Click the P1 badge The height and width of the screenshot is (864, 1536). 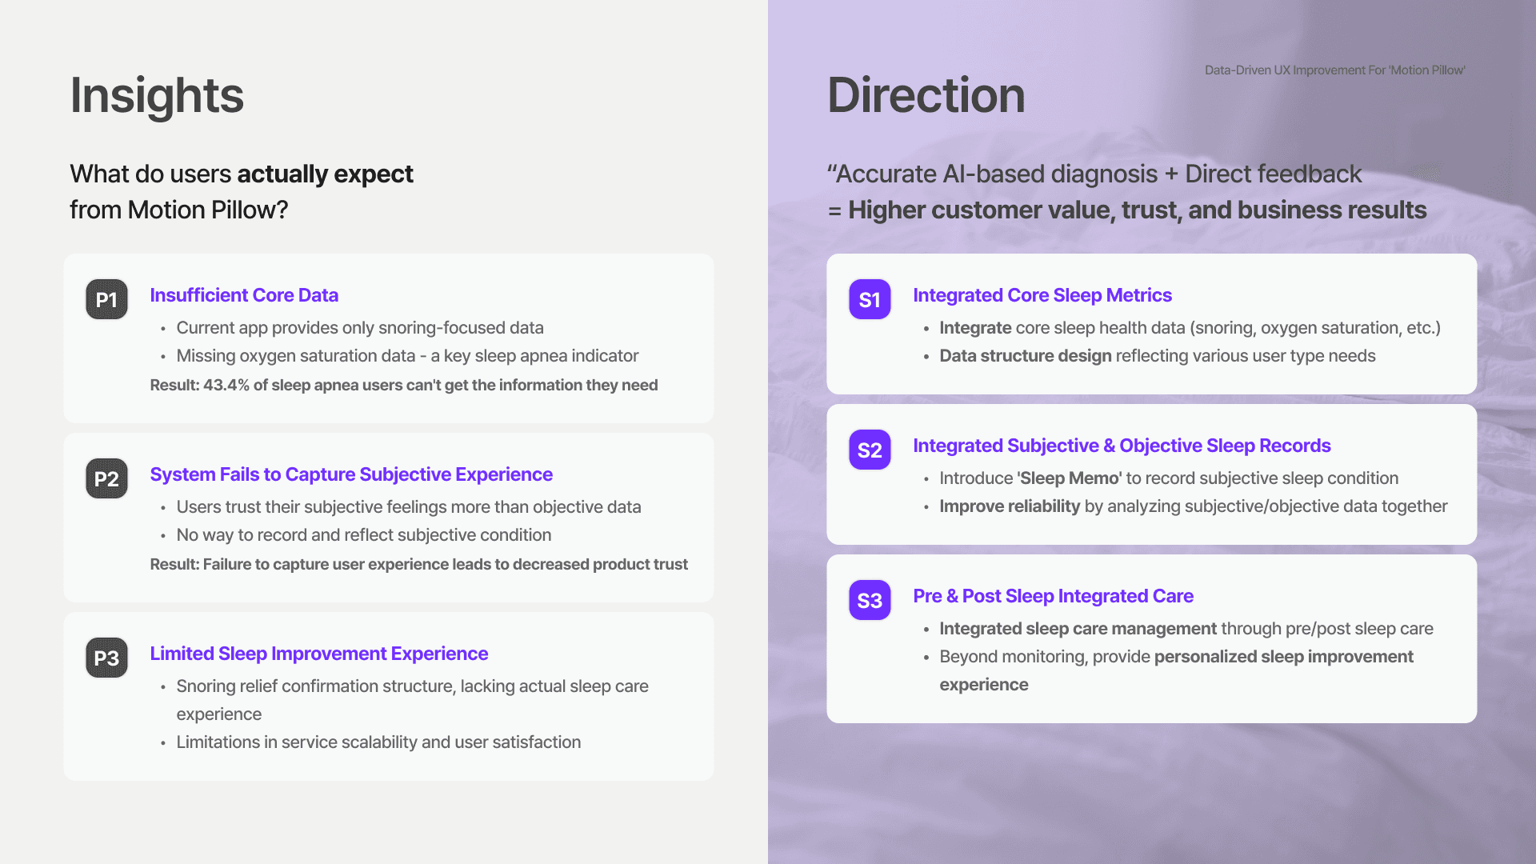(106, 299)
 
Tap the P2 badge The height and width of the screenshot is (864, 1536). (106, 478)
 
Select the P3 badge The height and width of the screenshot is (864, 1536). (106, 658)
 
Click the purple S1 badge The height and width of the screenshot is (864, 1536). (870, 299)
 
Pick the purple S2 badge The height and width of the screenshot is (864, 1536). (870, 450)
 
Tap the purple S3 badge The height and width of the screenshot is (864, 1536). (870, 600)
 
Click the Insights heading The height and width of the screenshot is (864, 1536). (157, 95)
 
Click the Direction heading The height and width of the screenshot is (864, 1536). (926, 95)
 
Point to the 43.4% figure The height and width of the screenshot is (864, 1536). (226, 385)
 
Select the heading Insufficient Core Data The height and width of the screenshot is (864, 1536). (244, 295)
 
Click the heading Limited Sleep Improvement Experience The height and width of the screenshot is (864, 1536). (319, 654)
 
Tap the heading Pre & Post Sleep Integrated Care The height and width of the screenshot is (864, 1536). (1054, 596)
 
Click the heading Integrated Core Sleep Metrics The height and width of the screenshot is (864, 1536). (1042, 295)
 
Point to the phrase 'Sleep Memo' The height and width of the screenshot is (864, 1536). (1069, 478)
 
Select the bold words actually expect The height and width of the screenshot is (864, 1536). (325, 174)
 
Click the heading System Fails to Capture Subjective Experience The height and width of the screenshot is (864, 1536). (351, 474)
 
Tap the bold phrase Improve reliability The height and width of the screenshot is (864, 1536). (1010, 506)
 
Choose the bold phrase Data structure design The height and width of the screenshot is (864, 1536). (1026, 356)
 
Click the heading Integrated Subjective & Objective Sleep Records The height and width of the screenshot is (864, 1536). (1122, 446)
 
